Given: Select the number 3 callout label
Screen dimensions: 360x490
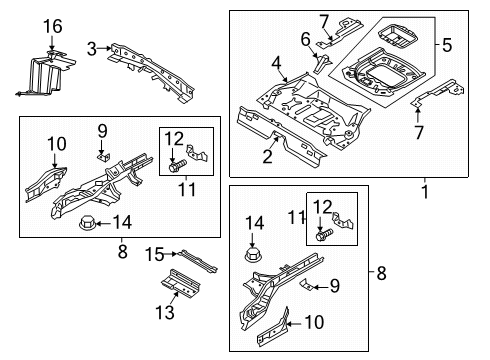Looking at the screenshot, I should (91, 47).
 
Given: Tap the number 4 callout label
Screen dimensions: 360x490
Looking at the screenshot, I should (275, 63).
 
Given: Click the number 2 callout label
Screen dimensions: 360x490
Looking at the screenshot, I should (268, 155).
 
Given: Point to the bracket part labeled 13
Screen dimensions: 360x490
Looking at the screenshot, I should (182, 286).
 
